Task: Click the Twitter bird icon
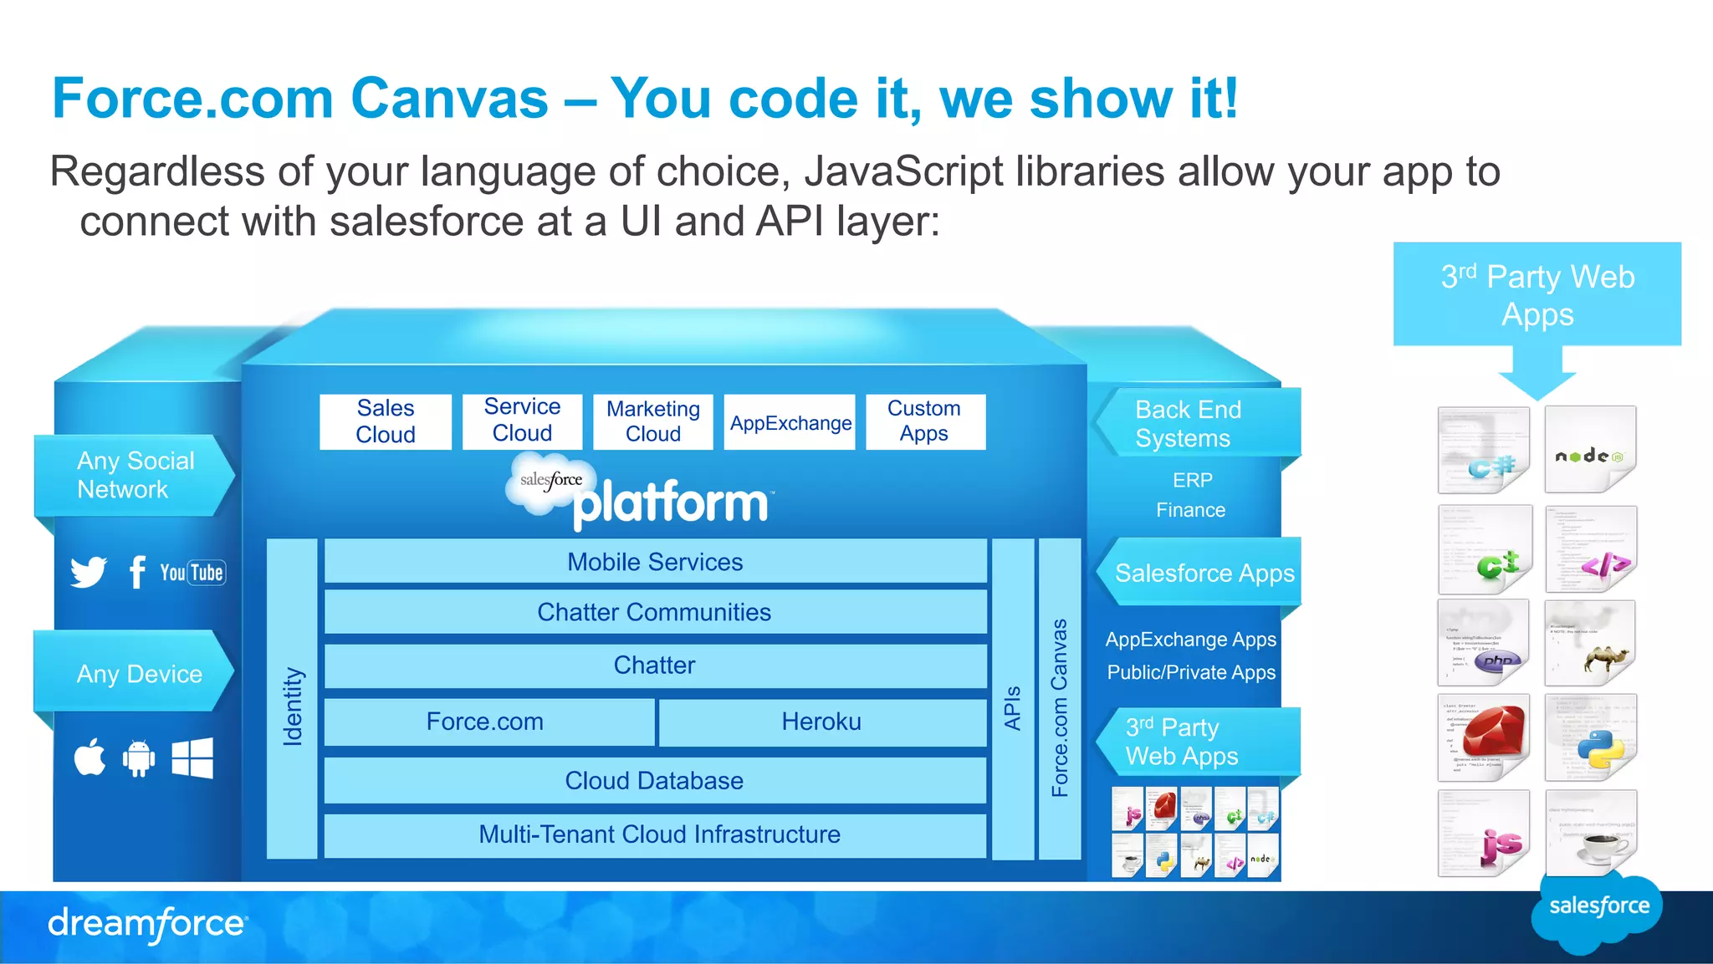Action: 89,572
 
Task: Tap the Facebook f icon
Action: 137,572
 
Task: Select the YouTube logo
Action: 192,573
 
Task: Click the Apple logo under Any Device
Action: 90,757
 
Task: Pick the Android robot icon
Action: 139,758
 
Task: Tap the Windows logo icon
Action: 192,758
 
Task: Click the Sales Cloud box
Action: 386,421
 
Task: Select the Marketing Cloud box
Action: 653,421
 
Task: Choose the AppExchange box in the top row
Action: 790,422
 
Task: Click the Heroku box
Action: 821,722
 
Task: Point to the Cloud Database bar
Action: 655,781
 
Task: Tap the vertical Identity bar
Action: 292,699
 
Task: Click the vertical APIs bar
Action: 1013,699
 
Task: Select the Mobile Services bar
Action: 655,562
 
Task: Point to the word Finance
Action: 1191,510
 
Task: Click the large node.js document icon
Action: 1590,451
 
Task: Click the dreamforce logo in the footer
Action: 147,924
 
